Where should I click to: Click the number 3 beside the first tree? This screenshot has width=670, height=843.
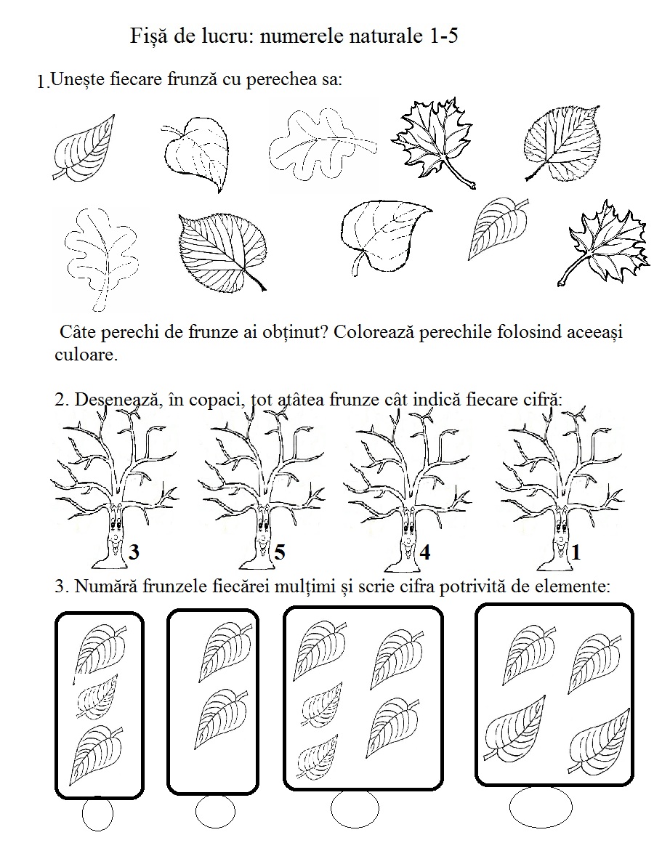coord(133,553)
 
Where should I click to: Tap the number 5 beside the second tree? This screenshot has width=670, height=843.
coord(279,553)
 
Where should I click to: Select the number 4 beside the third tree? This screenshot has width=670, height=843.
coord(425,553)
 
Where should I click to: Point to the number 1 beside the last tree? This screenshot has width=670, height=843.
coord(576,553)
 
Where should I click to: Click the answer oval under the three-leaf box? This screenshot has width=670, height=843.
coord(97,814)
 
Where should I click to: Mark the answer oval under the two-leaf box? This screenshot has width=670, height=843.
coord(215,811)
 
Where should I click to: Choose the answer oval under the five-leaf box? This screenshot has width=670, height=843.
coord(355,808)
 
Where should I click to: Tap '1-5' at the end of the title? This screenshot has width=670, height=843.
coord(439,36)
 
